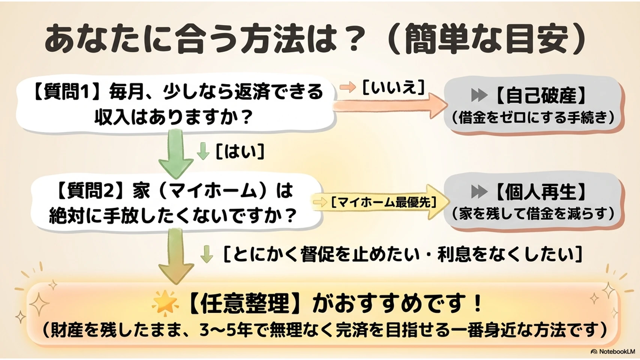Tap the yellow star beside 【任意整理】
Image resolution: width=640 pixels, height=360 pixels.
click(165, 303)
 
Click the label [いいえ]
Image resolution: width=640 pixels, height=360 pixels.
click(393, 87)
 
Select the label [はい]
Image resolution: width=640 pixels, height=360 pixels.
click(240, 151)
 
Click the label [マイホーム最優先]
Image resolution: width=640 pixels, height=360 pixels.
click(384, 202)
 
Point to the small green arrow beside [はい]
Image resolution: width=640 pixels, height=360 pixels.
click(203, 151)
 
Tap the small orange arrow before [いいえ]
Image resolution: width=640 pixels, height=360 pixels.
click(348, 87)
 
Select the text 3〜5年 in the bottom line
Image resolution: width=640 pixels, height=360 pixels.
click(226, 330)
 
